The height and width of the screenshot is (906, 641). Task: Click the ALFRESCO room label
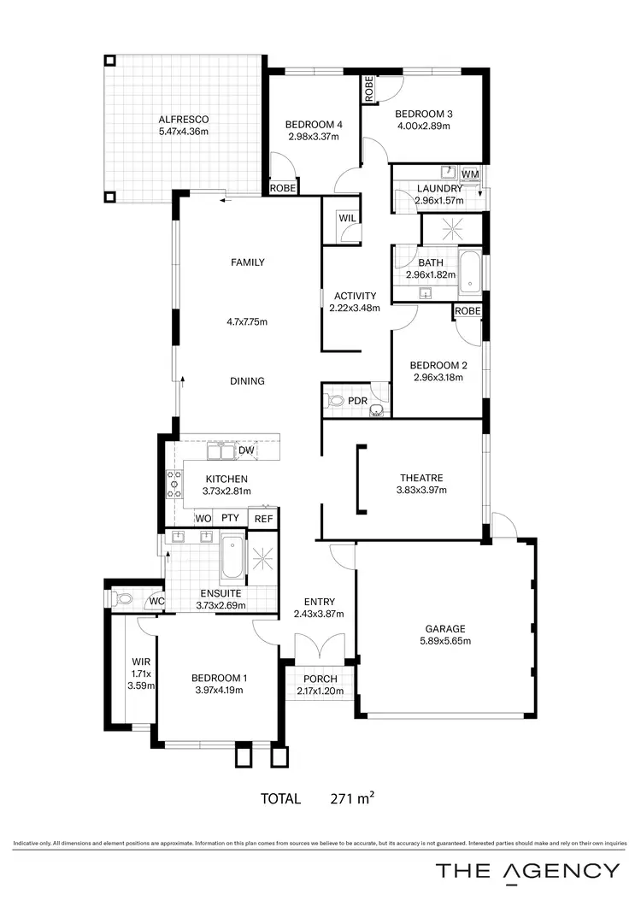coord(184,119)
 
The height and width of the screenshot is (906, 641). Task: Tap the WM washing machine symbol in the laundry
coord(470,174)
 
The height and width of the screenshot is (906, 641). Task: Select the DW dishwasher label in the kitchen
coord(246,450)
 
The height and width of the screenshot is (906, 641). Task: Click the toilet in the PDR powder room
coord(336,400)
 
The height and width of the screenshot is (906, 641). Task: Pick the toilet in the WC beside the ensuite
coord(123,599)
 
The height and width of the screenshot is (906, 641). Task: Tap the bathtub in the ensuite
coord(232,558)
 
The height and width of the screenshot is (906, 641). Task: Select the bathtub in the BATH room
coord(469,271)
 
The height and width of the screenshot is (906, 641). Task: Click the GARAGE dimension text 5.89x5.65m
coord(445,640)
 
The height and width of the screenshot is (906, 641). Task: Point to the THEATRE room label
coord(421,478)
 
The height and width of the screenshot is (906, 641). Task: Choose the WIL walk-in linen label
coord(347,218)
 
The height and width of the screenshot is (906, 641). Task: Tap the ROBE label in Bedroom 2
coord(468,311)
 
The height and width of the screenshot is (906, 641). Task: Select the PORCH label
coord(319,679)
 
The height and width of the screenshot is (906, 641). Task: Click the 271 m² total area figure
coord(352,799)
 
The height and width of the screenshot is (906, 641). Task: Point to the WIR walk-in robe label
coord(141,661)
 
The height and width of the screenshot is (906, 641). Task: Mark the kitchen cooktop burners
coord(174,484)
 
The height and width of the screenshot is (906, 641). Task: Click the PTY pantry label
coord(230,518)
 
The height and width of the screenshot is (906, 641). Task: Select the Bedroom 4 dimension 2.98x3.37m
coord(315,136)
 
